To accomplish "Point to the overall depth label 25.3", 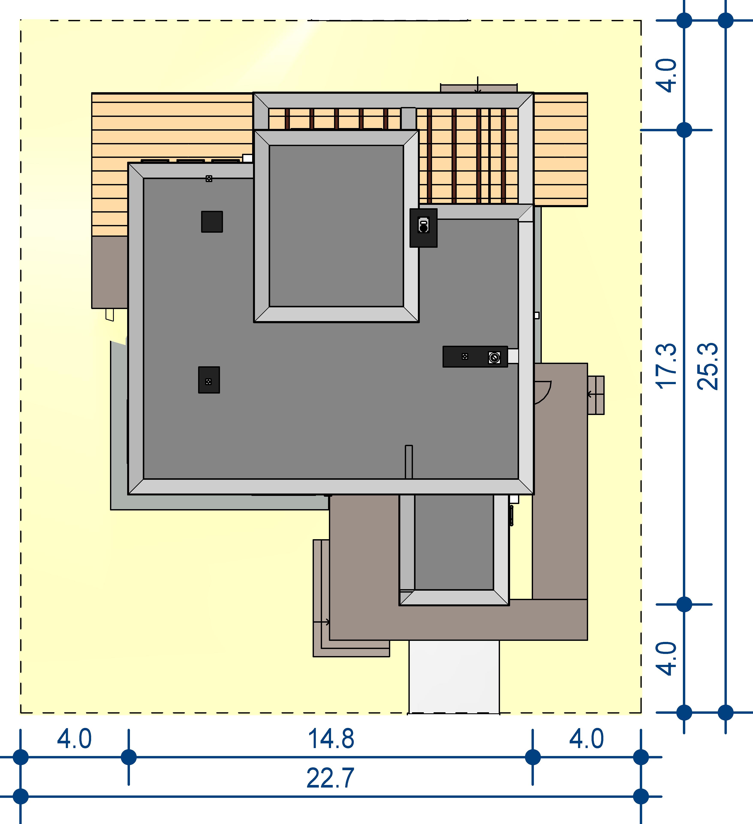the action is click(x=707, y=366).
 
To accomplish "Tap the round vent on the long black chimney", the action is click(x=494, y=358).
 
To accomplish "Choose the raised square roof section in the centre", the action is click(x=336, y=226).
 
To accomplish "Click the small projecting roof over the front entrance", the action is click(x=454, y=550).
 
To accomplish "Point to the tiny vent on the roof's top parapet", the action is click(x=209, y=179).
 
